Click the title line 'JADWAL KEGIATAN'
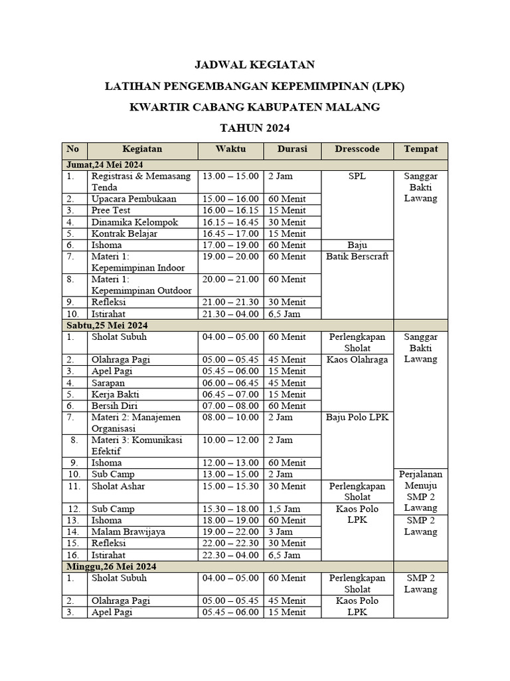pyautogui.click(x=254, y=65)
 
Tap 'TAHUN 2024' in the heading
pyautogui.click(x=254, y=128)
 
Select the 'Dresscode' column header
pyautogui.click(x=357, y=150)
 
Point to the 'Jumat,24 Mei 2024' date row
pyautogui.click(x=106, y=164)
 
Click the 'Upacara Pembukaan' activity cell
pyautogui.click(x=133, y=199)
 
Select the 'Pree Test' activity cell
pyautogui.click(x=110, y=210)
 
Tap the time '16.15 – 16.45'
pyautogui.click(x=230, y=222)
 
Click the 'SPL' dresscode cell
pyautogui.click(x=357, y=176)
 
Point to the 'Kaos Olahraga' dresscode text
pyautogui.click(x=357, y=359)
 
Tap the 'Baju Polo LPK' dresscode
pyautogui.click(x=357, y=417)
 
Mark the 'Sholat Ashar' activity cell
pyautogui.click(x=118, y=486)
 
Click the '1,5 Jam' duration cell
pyautogui.click(x=284, y=509)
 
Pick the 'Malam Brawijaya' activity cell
pyautogui.click(x=128, y=531)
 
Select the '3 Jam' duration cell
pyautogui.click(x=280, y=531)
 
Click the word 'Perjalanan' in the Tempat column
pyautogui.click(x=420, y=475)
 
